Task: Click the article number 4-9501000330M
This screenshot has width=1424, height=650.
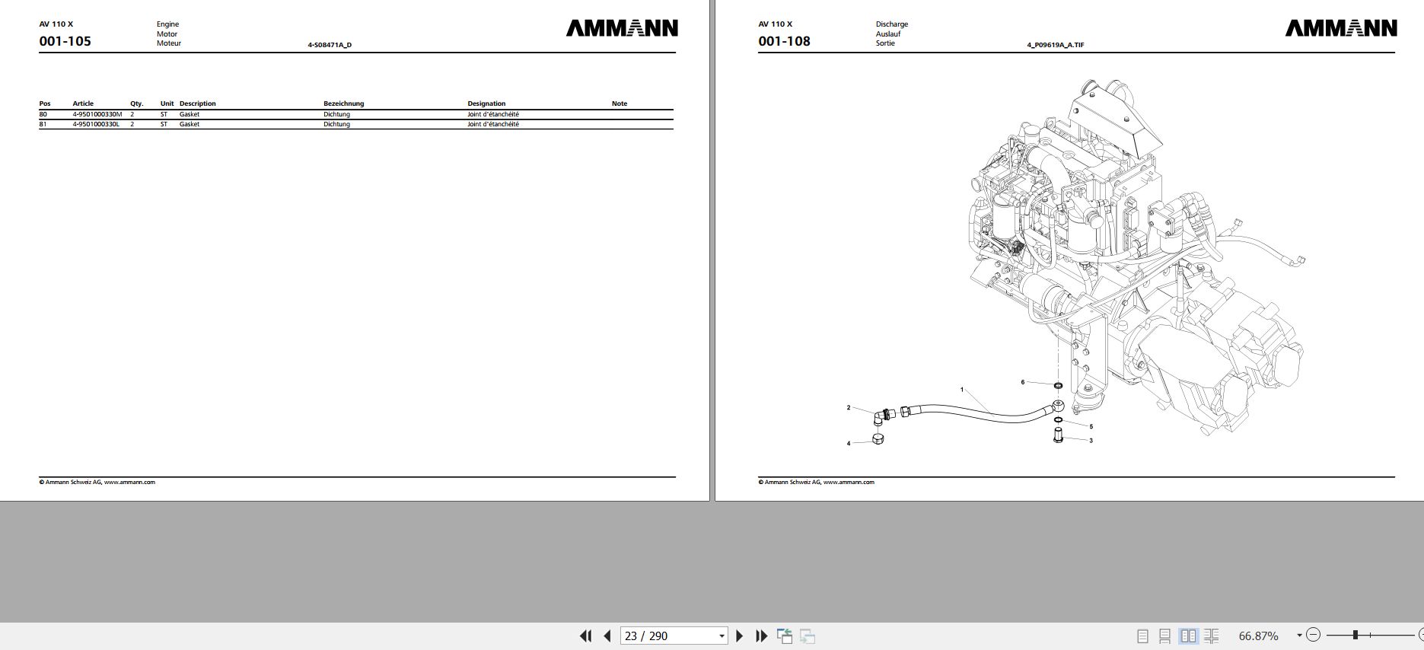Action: point(97,114)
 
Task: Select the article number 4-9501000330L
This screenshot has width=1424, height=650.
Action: point(96,124)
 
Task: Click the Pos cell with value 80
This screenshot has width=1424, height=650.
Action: point(43,114)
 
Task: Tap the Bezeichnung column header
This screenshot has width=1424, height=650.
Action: point(343,104)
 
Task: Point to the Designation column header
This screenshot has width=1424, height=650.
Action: point(486,104)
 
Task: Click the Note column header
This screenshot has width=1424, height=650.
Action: point(620,104)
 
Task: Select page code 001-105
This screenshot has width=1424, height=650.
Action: point(65,41)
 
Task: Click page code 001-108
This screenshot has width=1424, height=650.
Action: point(784,41)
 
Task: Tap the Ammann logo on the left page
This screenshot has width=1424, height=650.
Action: point(622,29)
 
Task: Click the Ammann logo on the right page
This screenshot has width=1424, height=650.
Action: point(1341,29)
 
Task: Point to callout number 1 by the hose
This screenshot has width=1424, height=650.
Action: point(962,390)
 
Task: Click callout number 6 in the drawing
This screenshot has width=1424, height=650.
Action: point(1023,382)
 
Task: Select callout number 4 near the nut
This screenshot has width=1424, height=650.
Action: point(849,443)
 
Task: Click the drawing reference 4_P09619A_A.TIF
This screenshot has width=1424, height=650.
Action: point(1055,45)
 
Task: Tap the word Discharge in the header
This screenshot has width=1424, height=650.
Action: point(891,24)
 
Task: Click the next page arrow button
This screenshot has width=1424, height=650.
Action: point(739,636)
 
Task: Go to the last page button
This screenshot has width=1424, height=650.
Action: point(761,636)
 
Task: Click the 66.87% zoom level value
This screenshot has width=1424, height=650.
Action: point(1259,636)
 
